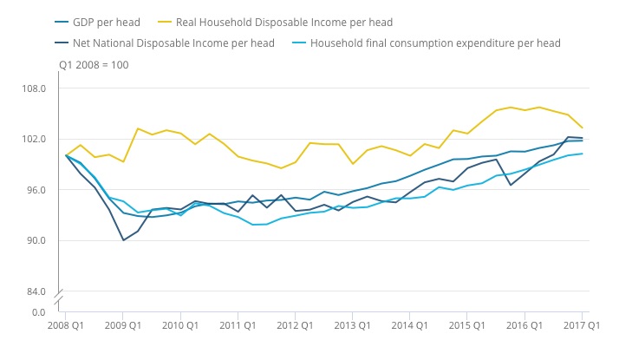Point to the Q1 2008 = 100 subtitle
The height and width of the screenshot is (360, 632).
[x=94, y=65]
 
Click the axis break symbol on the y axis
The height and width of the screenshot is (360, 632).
[x=61, y=299]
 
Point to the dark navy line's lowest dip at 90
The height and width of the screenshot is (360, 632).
[x=123, y=240]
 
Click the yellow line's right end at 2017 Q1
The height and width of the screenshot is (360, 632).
[x=582, y=128]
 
